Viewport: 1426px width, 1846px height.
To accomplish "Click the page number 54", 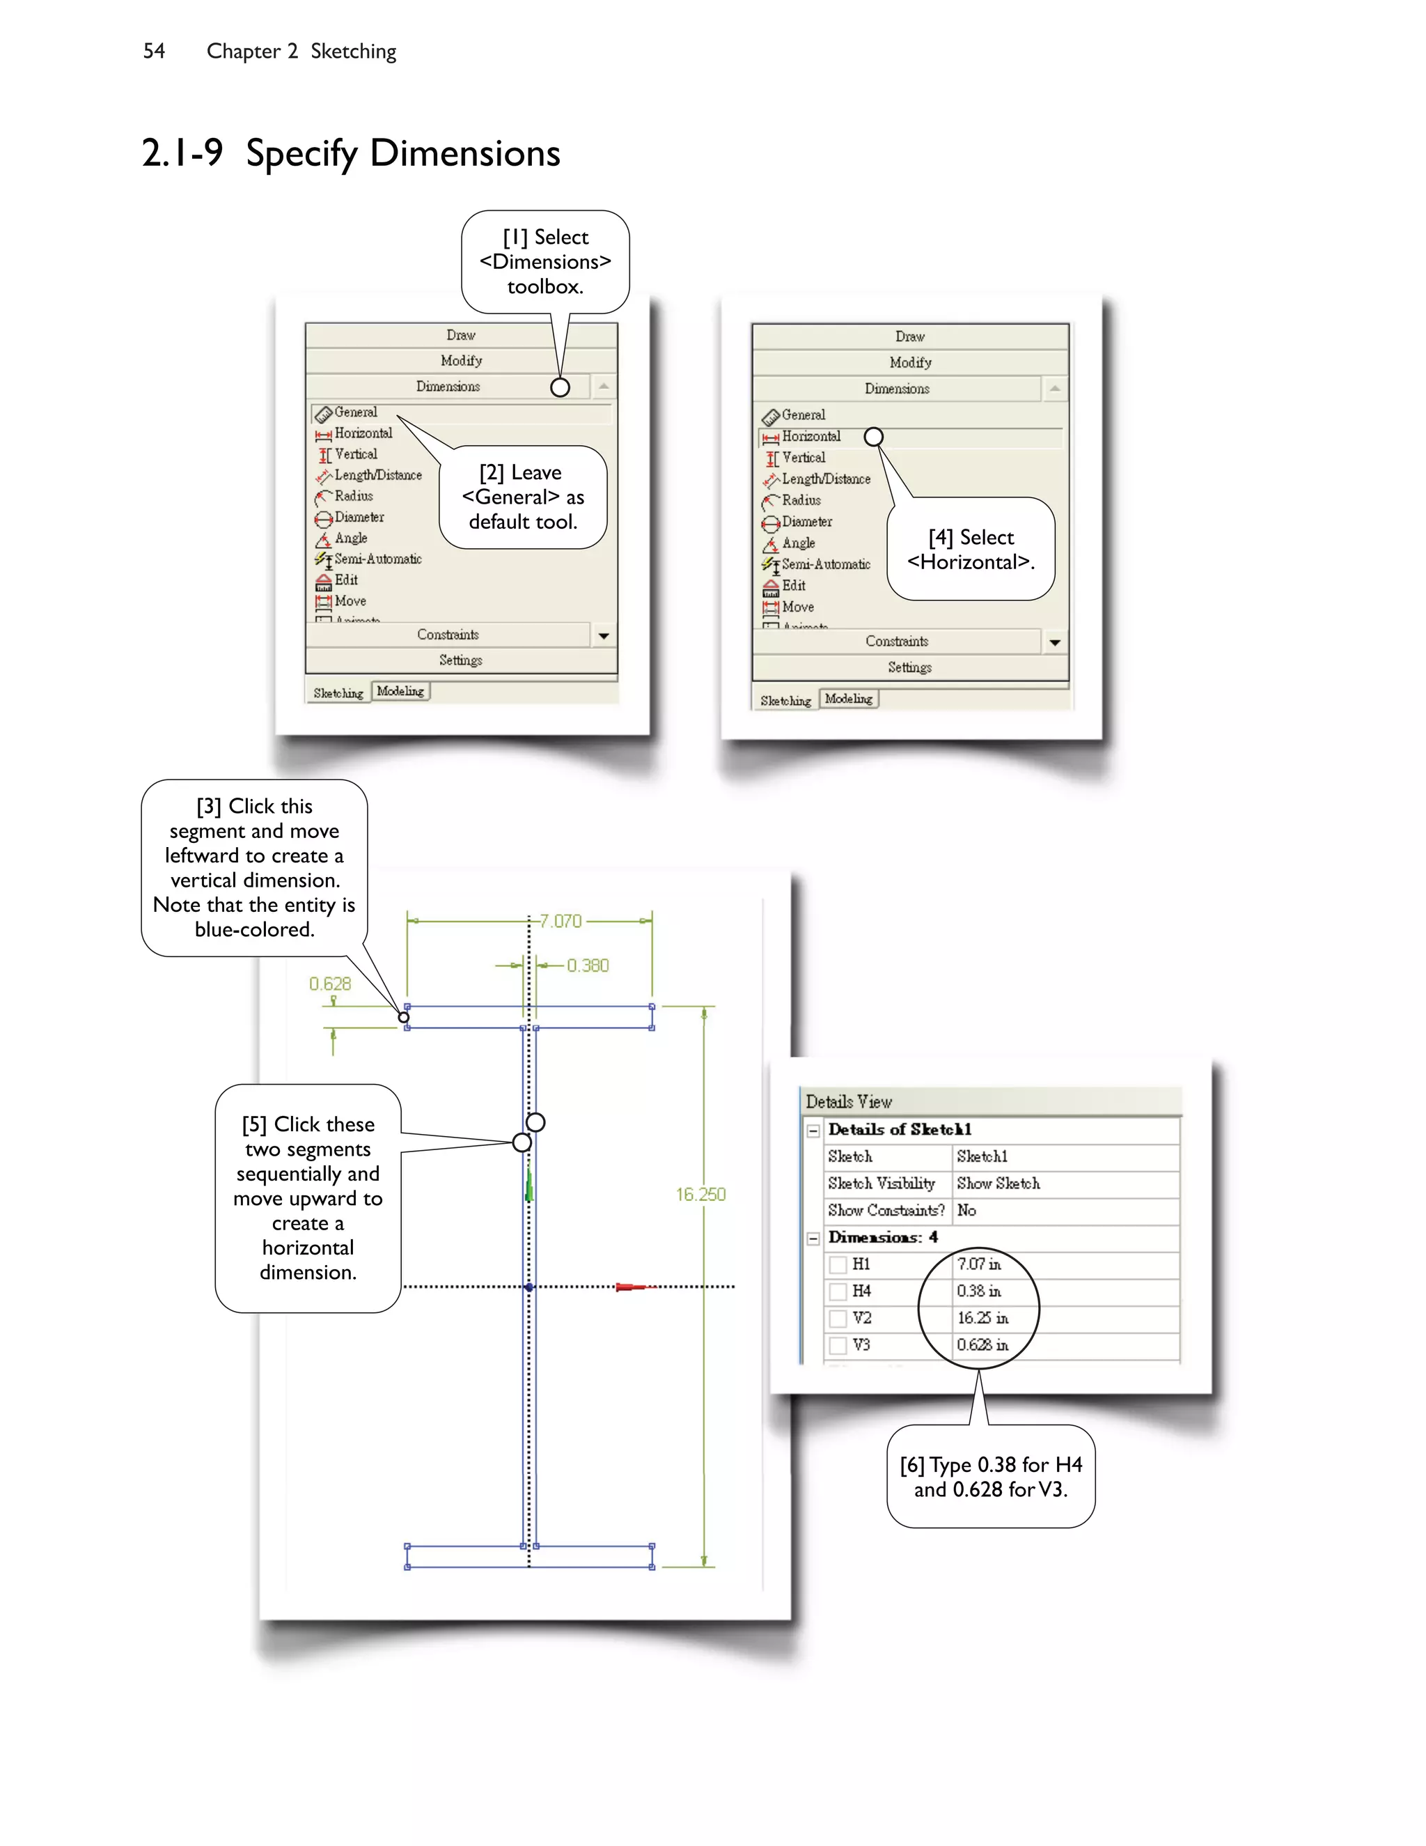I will coord(154,52).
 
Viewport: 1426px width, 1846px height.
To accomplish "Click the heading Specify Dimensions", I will coord(402,154).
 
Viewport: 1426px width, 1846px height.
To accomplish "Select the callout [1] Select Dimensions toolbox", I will coord(545,262).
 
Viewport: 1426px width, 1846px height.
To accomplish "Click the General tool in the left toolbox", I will coord(356,412).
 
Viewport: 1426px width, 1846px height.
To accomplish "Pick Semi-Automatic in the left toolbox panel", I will coord(377,559).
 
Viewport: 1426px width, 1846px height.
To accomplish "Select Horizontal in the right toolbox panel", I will coord(811,436).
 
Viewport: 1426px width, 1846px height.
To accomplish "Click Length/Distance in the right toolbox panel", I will coord(825,479).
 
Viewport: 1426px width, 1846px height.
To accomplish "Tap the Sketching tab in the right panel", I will coord(785,701).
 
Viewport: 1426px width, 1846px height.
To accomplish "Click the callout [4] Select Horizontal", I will coord(971,550).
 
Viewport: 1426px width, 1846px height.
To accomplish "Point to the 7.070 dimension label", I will coord(561,922).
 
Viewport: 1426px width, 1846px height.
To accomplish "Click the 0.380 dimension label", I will coord(588,965).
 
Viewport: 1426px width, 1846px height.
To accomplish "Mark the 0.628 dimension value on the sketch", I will coord(329,984).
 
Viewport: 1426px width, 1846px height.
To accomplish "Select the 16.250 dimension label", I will coord(700,1194).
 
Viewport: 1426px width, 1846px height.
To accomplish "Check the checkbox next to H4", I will coord(838,1292).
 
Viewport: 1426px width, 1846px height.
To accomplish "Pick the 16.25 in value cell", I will coord(982,1319).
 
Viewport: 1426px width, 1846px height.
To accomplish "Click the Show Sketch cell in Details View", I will coord(998,1184).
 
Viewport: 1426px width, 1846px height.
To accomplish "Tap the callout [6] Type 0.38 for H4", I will coord(990,1477).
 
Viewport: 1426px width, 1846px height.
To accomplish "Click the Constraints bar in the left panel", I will coord(448,635).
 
